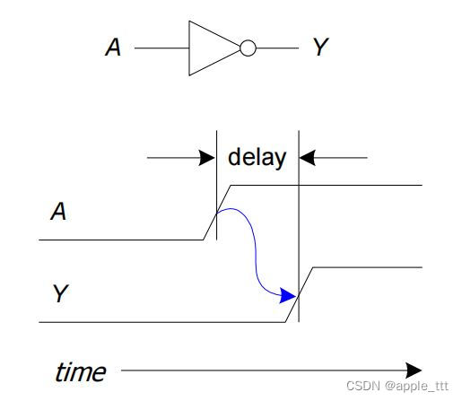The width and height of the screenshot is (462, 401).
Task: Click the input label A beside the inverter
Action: point(113,48)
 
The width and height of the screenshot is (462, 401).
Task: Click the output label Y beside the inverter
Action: point(321,48)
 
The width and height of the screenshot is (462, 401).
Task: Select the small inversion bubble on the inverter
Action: point(248,48)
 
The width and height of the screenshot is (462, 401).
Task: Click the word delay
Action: point(257,158)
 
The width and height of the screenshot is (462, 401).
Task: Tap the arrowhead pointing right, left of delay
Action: point(207,158)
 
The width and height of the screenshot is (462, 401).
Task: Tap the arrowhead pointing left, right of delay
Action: point(307,158)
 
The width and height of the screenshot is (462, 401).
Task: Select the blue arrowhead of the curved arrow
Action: point(288,295)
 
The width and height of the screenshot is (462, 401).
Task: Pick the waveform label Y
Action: point(60,292)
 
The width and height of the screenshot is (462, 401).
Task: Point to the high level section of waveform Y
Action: point(368,266)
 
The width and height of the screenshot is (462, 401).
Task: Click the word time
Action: point(80,371)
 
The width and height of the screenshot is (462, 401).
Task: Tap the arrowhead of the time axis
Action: point(414,370)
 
